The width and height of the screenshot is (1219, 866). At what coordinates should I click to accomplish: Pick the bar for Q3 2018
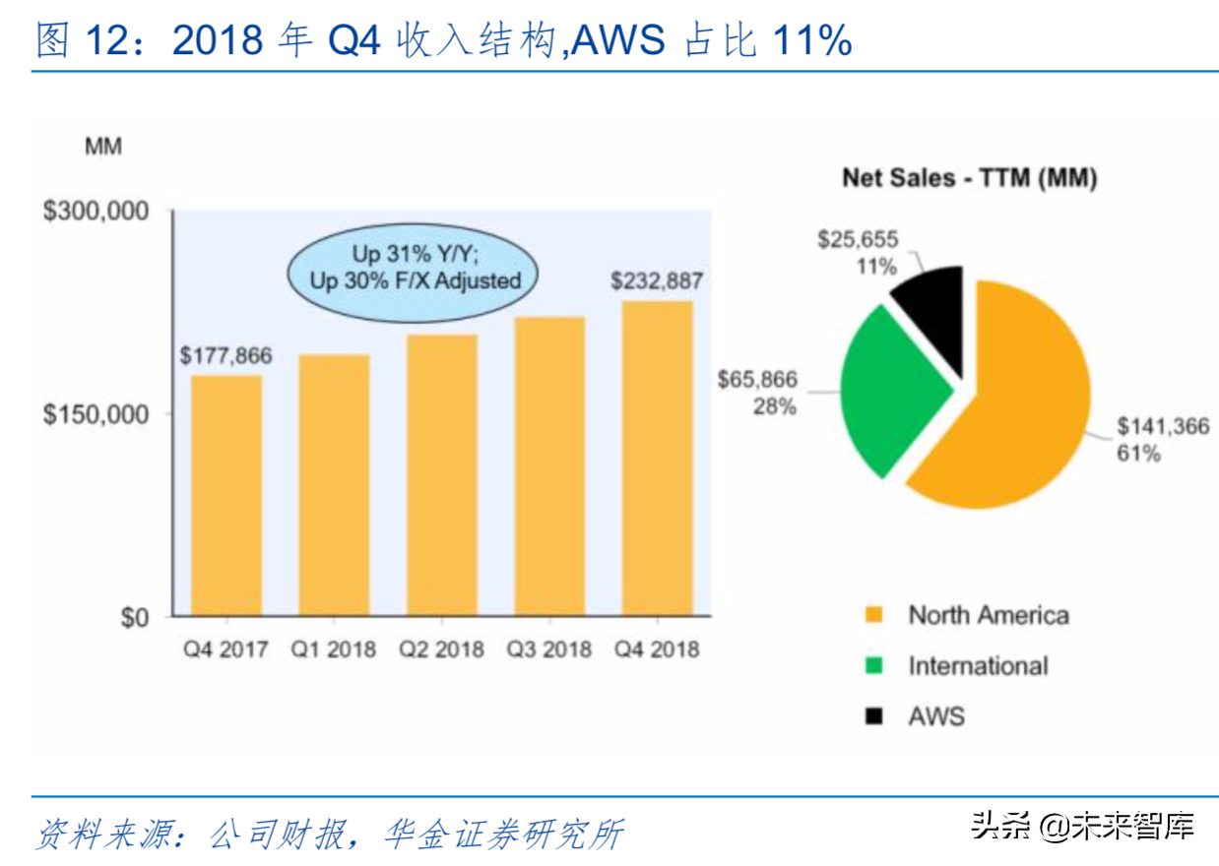[x=548, y=466]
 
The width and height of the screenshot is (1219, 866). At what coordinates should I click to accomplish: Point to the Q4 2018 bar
[x=657, y=459]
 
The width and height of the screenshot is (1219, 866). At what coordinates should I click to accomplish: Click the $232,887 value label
[x=657, y=280]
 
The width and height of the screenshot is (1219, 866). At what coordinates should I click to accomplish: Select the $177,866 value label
[x=225, y=355]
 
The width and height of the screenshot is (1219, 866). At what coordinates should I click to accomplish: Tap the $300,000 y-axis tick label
[x=95, y=212]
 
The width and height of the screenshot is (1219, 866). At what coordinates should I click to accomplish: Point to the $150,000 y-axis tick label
[x=95, y=414]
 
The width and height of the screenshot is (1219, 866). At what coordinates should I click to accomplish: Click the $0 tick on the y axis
[x=133, y=618]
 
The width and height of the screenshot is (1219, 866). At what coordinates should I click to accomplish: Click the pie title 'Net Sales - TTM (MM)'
[x=969, y=178]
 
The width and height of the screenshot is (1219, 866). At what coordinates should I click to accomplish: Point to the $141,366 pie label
[x=1162, y=427]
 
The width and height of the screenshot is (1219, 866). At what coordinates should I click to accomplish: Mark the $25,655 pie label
[x=858, y=240]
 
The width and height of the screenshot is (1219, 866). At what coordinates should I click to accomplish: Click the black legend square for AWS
[x=872, y=715]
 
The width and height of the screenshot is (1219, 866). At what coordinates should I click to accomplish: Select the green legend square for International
[x=872, y=666]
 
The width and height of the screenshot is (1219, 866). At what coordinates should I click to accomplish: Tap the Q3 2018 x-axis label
[x=548, y=649]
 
